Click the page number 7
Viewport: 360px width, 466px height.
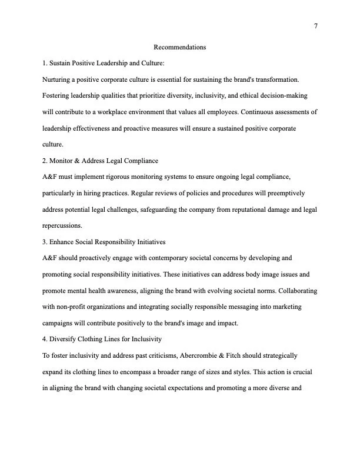click(x=316, y=26)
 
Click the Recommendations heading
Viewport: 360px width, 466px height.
click(x=179, y=46)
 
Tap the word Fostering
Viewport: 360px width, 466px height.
click(x=58, y=95)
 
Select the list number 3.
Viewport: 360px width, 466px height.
click(x=45, y=241)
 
